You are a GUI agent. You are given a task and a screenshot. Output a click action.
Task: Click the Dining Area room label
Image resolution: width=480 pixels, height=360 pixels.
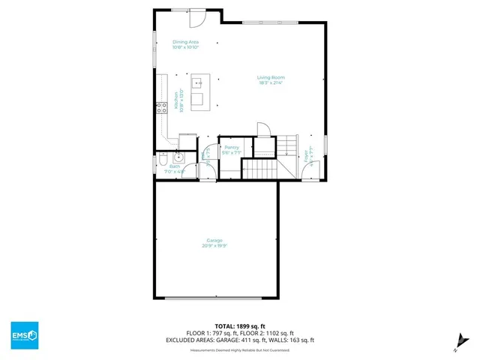pos(185,42)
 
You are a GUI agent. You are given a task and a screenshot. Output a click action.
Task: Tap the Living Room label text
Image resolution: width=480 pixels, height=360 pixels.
pos(271,77)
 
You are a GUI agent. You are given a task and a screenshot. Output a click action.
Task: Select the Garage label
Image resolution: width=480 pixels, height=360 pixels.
pos(215,240)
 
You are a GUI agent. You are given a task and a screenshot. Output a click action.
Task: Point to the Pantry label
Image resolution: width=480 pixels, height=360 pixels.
pos(231,148)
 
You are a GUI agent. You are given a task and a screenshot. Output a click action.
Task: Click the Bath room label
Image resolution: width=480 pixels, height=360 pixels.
pos(175,166)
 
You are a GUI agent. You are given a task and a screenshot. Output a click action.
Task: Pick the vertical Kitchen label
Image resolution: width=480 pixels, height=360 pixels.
pos(176,100)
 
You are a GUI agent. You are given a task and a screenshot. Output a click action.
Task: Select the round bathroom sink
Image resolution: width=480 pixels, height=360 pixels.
pos(178,157)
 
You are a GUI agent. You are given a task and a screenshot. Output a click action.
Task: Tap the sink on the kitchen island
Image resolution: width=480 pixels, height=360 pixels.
pos(198,82)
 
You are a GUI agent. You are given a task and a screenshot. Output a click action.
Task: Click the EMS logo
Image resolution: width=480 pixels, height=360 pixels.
pos(24,334)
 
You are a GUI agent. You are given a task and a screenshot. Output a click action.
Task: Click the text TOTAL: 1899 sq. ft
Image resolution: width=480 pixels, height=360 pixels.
pos(240,326)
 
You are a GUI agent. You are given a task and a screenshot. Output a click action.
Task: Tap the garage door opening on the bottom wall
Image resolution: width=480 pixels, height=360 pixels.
pos(214,298)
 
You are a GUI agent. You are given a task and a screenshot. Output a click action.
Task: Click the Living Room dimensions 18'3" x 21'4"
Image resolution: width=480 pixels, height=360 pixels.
pos(271,82)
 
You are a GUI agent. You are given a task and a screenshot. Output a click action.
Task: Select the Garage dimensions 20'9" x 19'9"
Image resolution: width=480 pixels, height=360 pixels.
pos(215,245)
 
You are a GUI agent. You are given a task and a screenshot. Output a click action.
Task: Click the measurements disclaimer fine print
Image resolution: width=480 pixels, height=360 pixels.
pos(240,348)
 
